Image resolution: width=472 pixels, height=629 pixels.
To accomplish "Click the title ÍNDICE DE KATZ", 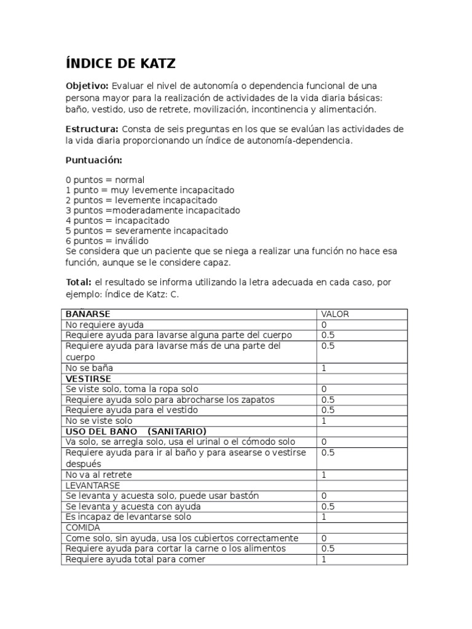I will [121, 63].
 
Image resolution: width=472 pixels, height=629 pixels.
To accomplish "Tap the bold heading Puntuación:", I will [94, 160].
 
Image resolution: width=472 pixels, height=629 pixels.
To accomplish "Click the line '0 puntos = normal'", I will [105, 180].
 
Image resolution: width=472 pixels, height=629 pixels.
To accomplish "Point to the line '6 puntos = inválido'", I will [107, 241].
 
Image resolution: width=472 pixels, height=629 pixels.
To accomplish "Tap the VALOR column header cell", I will [335, 314].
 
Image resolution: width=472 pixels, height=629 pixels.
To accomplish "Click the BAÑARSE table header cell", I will [88, 314].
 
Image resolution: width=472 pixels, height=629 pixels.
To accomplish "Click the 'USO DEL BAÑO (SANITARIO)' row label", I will [135, 431].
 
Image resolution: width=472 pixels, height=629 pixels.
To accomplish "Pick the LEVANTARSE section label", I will [92, 485].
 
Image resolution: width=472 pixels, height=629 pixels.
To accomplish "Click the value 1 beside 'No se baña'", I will [323, 368].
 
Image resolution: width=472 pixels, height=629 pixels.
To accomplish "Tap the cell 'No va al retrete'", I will [98, 475].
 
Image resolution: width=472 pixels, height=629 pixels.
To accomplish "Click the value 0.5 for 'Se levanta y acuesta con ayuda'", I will [328, 507].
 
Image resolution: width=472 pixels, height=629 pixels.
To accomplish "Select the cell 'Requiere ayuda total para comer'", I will [135, 560].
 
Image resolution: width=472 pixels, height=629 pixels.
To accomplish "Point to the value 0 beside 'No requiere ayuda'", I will [324, 324].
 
